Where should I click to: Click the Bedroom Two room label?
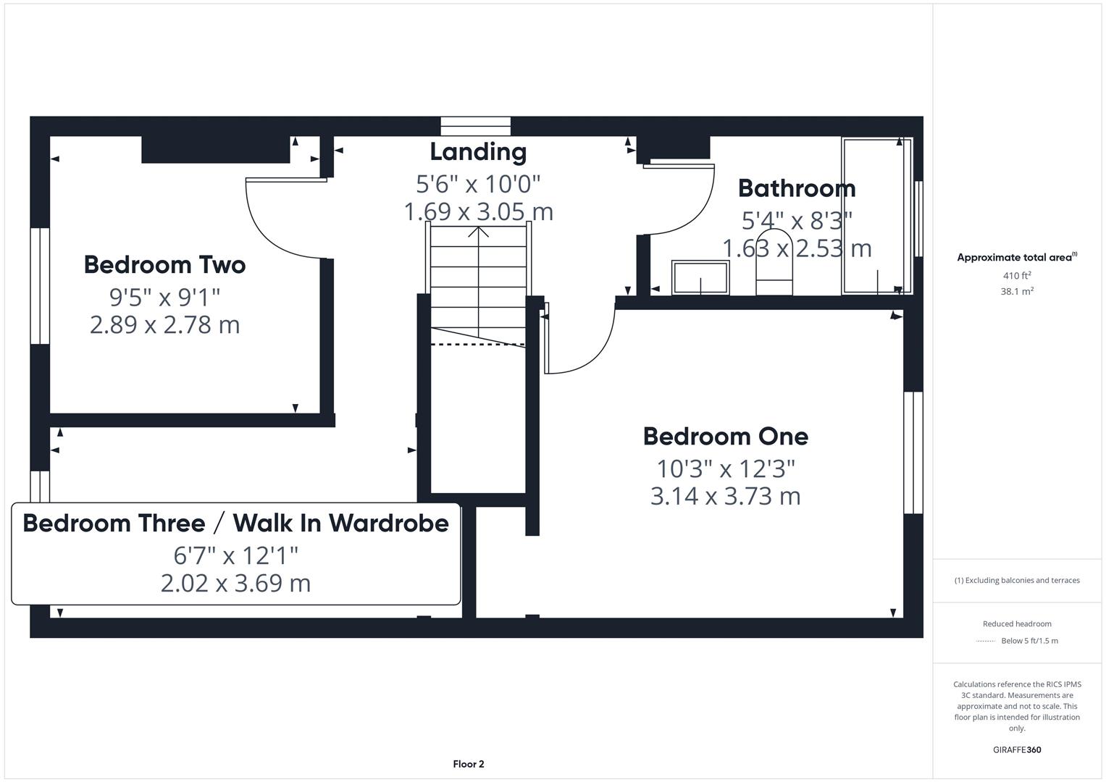coord(164,265)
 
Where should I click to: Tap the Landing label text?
coord(478,152)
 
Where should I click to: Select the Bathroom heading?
coord(796,188)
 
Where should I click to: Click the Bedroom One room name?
coord(725,437)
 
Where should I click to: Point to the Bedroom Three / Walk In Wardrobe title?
coord(235,523)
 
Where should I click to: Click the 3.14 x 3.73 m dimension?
coord(725,497)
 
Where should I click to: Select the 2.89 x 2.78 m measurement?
coord(164,325)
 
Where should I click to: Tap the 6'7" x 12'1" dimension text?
coord(235,555)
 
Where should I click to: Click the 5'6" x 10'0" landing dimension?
coord(478,184)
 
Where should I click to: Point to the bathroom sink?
coord(700,278)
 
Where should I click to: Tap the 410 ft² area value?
coord(1016,276)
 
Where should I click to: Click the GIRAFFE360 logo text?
coord(1016,749)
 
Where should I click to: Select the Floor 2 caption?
coord(468,764)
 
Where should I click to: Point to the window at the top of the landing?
coord(476,127)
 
